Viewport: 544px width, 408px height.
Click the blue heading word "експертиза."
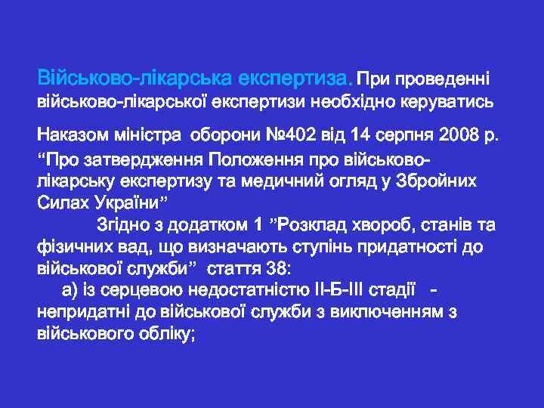295,77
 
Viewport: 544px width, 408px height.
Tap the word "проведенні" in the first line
445,78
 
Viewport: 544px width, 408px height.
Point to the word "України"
124,203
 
